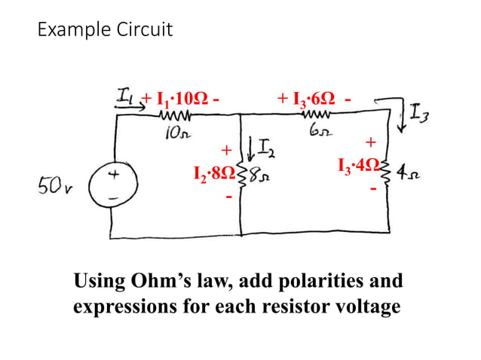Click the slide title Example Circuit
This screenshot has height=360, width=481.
tap(105, 30)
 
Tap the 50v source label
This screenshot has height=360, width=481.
tap(54, 185)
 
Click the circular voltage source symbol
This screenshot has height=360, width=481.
tap(112, 185)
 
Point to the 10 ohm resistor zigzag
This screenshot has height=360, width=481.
tap(175, 116)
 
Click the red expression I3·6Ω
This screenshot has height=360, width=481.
tap(307, 99)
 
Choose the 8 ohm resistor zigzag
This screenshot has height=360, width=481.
tap(242, 178)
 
